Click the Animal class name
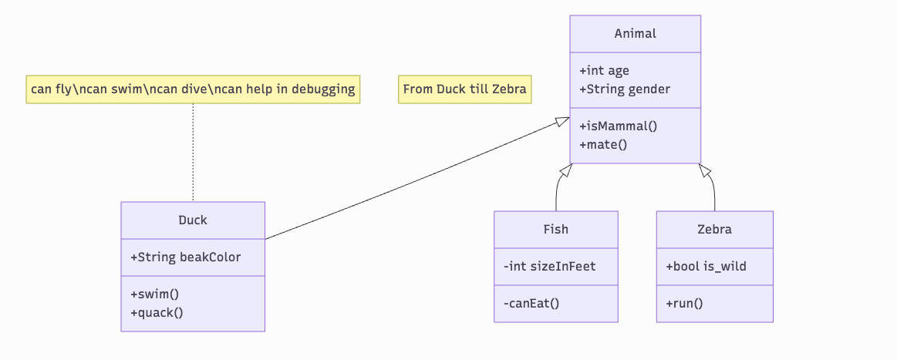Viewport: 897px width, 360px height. point(635,33)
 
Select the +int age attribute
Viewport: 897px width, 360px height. point(604,70)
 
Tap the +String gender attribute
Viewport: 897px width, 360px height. point(625,89)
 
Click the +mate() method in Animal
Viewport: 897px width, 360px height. point(603,144)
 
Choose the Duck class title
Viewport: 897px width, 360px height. point(193,220)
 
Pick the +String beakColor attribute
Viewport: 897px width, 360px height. point(186,257)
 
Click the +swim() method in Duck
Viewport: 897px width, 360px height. point(155,294)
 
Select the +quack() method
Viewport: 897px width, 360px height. point(157,312)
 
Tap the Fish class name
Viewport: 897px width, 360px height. point(555,229)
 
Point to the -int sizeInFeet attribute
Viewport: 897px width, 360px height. point(549,267)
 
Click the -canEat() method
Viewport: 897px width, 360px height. point(531,303)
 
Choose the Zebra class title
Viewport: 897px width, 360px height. point(714,229)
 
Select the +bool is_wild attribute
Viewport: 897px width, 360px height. point(706,267)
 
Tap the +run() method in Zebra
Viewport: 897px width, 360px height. point(684,303)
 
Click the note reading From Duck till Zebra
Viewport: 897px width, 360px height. point(464,89)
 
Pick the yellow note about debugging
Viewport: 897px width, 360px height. point(193,89)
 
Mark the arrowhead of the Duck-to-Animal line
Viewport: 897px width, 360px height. point(562,122)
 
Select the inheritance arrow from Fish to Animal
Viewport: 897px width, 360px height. point(558,189)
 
